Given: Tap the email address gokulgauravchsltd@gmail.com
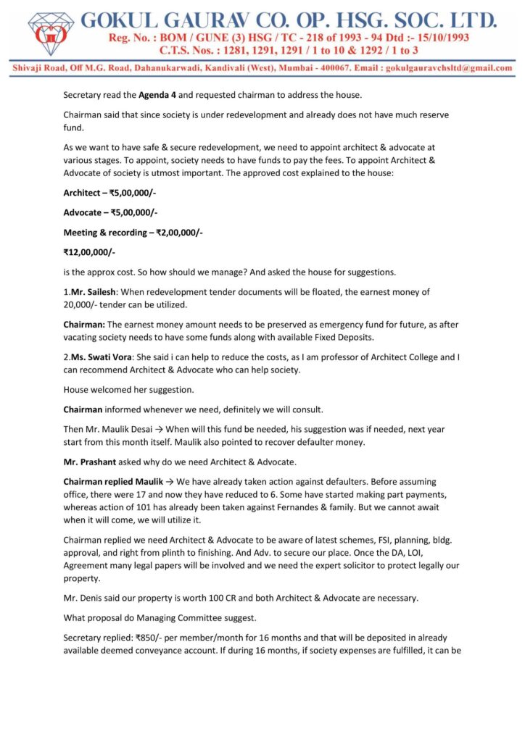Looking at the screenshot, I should (450, 67).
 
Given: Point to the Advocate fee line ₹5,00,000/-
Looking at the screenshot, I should (111, 212).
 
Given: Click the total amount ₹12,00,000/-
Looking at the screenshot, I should (89, 252).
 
